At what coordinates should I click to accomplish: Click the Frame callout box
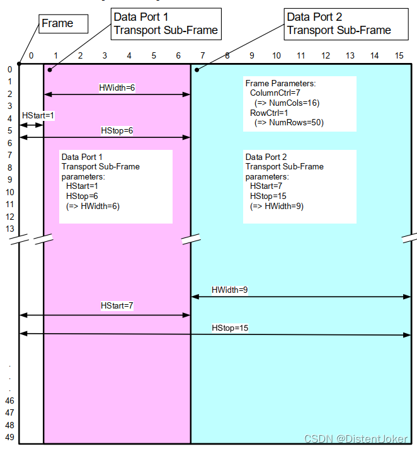click(62, 24)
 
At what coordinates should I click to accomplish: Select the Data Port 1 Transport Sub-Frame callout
click(166, 23)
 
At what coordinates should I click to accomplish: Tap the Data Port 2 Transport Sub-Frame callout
click(339, 23)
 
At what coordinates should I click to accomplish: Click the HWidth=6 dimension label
click(117, 88)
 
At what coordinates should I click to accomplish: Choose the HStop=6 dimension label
click(117, 130)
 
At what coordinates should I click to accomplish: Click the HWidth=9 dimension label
click(229, 290)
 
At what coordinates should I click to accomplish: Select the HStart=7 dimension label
click(117, 305)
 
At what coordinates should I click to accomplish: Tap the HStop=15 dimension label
click(230, 328)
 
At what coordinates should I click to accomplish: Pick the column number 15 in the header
click(399, 56)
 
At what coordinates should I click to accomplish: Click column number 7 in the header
click(202, 56)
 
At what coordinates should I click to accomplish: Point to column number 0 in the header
click(31, 56)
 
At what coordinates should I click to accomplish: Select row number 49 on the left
click(9, 436)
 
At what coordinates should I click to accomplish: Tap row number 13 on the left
click(9, 229)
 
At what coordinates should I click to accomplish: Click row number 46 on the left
click(9, 400)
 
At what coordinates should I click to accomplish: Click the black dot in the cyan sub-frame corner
click(197, 69)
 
